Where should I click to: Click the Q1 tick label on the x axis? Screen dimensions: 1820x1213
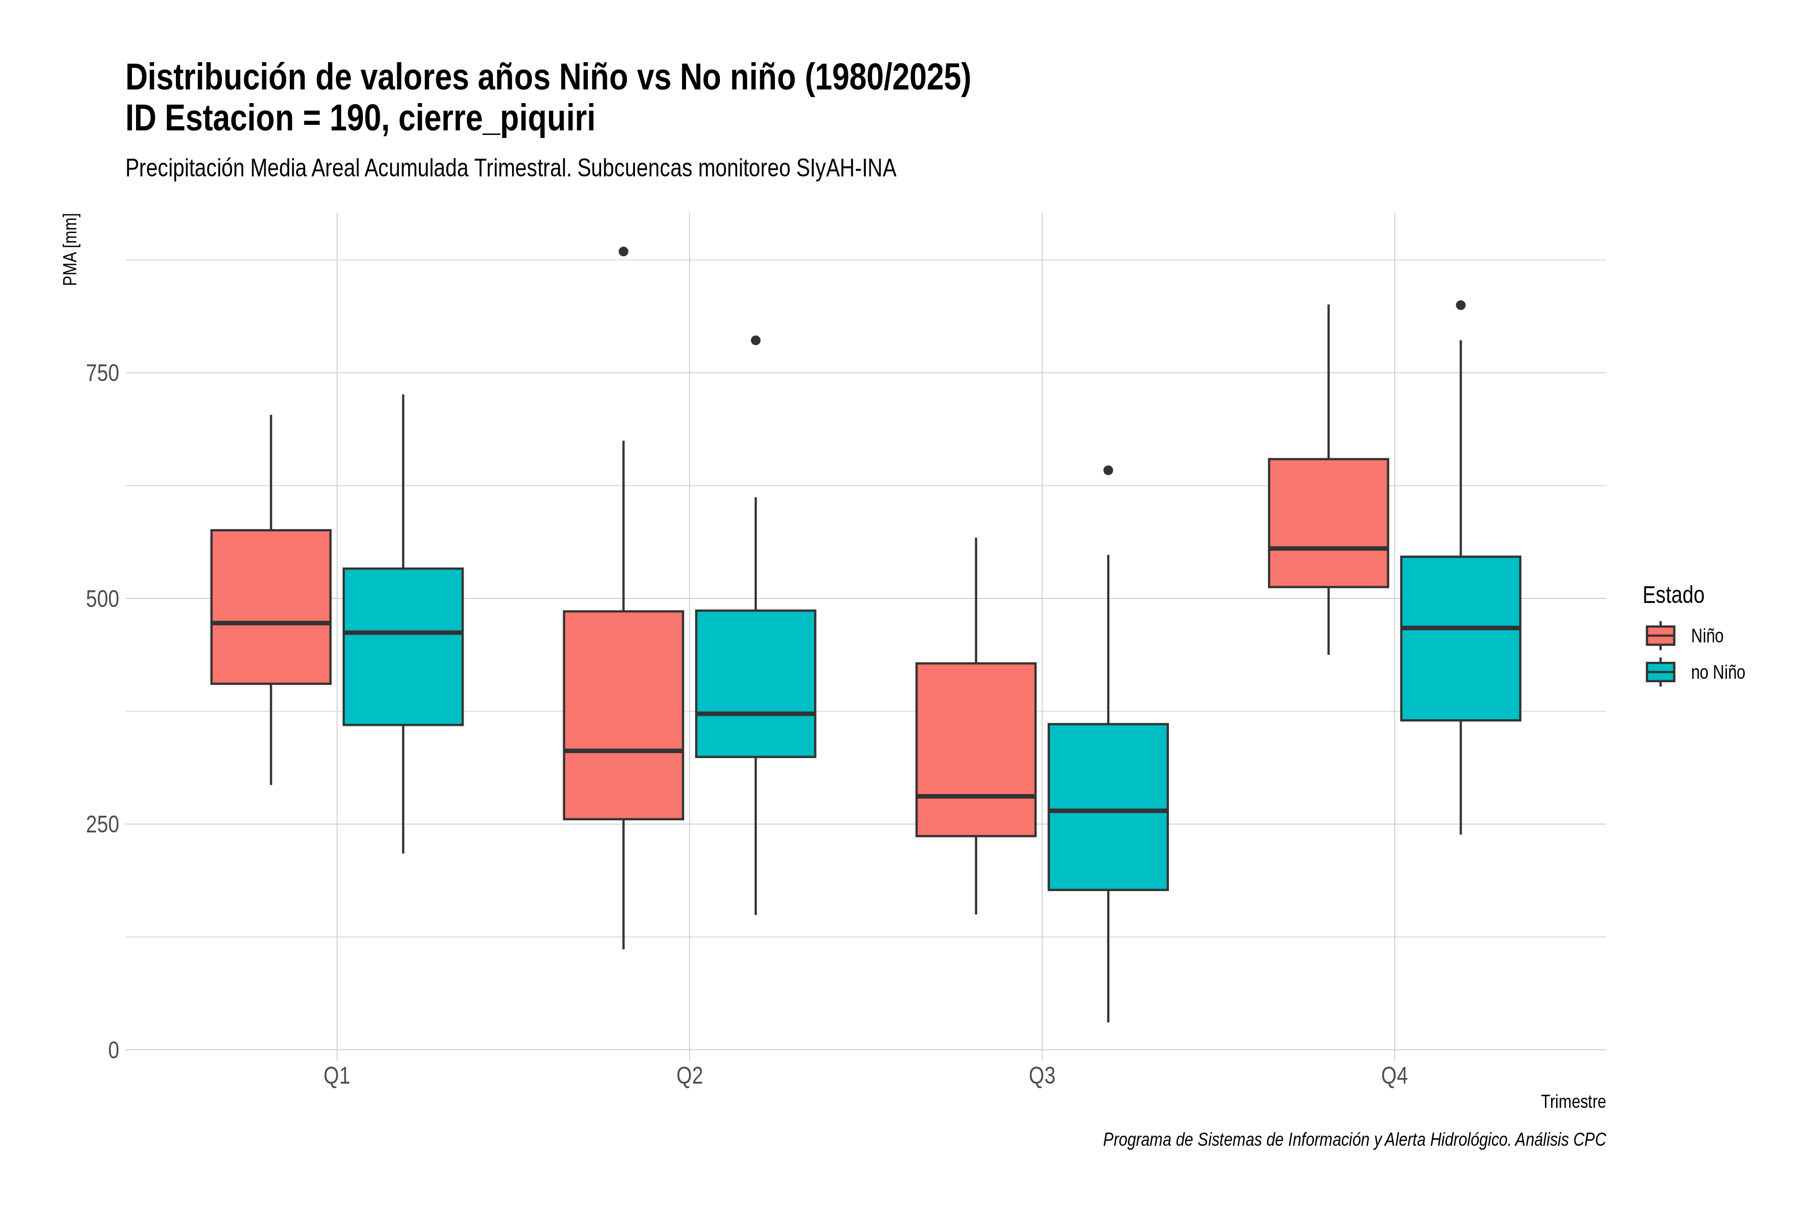pos(337,1076)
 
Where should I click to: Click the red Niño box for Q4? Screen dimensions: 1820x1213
pos(1328,523)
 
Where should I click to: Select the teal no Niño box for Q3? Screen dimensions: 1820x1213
pos(1108,807)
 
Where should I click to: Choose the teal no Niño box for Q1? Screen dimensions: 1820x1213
pos(403,647)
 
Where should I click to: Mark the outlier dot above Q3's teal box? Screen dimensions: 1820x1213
pos(1108,471)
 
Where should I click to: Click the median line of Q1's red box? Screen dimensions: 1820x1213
pos(271,623)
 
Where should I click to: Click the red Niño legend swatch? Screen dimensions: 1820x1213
pos(1661,636)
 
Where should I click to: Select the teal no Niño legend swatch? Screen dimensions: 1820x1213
pos(1661,672)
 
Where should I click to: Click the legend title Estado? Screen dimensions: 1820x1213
pos(1674,595)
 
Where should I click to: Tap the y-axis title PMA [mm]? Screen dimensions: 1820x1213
pos(70,250)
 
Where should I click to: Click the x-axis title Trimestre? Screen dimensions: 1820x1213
pos(1573,1102)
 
